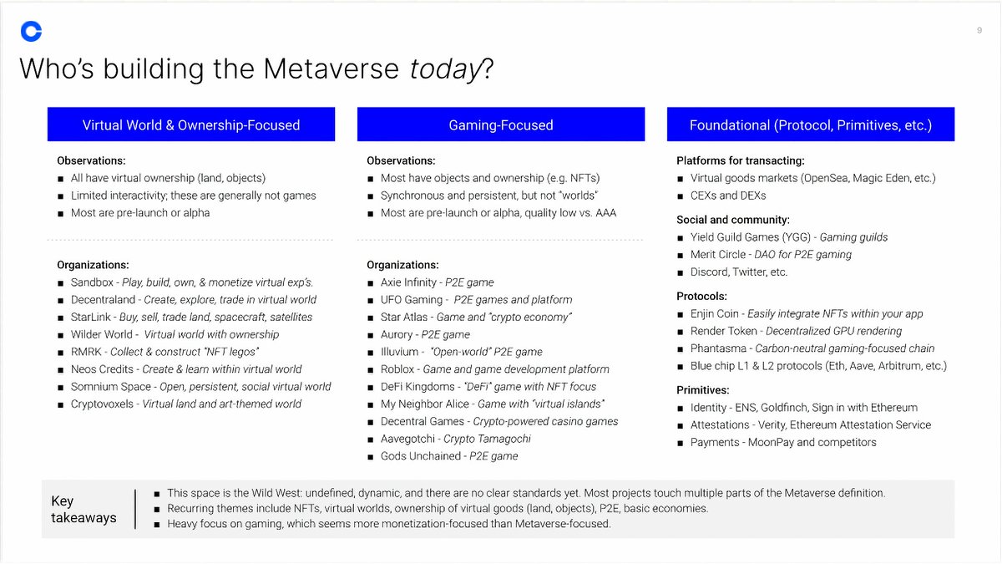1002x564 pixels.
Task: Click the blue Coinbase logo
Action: pos(32,32)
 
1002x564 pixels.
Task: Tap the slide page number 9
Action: pos(979,31)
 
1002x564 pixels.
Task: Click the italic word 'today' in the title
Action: pos(445,69)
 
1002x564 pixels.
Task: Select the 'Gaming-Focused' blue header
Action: pos(501,125)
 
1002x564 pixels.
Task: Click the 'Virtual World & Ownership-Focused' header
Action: pos(191,125)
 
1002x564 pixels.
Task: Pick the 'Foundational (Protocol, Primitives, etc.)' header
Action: pos(810,125)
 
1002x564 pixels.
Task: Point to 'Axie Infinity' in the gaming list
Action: pos(408,282)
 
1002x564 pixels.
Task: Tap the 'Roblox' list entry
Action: pos(397,369)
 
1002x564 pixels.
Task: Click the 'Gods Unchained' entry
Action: pos(420,456)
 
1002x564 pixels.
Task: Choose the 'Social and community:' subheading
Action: pos(732,220)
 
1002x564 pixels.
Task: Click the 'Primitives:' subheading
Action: pos(702,390)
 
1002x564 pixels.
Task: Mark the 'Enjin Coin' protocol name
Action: pos(714,314)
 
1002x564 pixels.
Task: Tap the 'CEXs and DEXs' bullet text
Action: pos(728,196)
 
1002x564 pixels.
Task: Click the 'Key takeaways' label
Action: pos(83,509)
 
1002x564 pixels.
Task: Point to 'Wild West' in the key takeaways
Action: pos(272,493)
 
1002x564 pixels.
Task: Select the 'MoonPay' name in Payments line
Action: pos(771,442)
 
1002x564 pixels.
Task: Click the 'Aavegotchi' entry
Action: pos(409,439)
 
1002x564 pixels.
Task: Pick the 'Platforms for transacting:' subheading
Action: pos(740,160)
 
